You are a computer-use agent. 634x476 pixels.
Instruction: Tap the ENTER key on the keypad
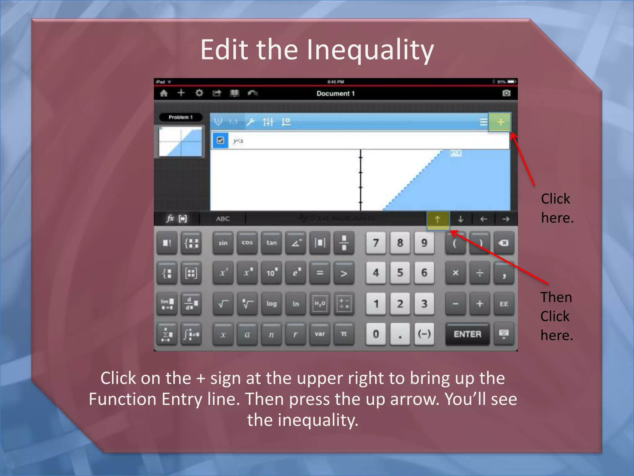pyautogui.click(x=467, y=334)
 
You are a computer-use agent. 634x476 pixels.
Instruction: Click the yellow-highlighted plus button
pyautogui.click(x=500, y=122)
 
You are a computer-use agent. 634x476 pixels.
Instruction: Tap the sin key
pyautogui.click(x=223, y=243)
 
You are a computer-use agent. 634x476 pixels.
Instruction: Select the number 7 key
pyautogui.click(x=376, y=243)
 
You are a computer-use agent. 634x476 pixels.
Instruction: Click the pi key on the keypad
pyautogui.click(x=344, y=334)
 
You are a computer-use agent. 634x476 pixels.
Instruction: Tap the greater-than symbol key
pyautogui.click(x=344, y=273)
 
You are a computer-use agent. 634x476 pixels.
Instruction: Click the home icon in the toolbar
pyautogui.click(x=164, y=93)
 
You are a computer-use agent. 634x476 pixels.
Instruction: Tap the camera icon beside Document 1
pyautogui.click(x=506, y=93)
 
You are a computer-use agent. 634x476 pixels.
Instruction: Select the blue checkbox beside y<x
pyautogui.click(x=220, y=141)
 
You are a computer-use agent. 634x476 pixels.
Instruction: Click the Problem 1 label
pyautogui.click(x=180, y=117)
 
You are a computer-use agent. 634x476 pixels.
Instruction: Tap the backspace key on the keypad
pyautogui.click(x=504, y=243)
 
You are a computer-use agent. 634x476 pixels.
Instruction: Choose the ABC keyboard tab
pyautogui.click(x=223, y=219)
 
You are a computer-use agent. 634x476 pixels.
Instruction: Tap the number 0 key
pyautogui.click(x=376, y=334)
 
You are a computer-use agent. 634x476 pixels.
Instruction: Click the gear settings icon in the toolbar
pyautogui.click(x=199, y=93)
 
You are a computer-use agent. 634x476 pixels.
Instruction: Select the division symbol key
pyautogui.click(x=480, y=273)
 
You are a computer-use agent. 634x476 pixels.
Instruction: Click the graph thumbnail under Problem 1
pyautogui.click(x=180, y=142)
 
